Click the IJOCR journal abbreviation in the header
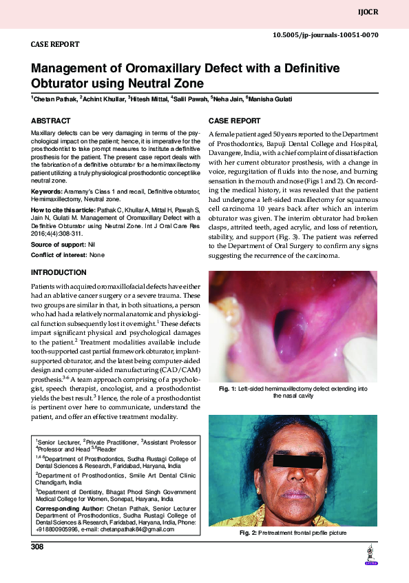(x=389, y=13)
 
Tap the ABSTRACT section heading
(x=50, y=121)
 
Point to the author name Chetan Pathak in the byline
(x=55, y=99)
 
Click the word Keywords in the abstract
(x=47, y=190)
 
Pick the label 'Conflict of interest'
(x=61, y=255)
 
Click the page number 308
(x=37, y=547)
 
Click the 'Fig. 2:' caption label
(x=248, y=533)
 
